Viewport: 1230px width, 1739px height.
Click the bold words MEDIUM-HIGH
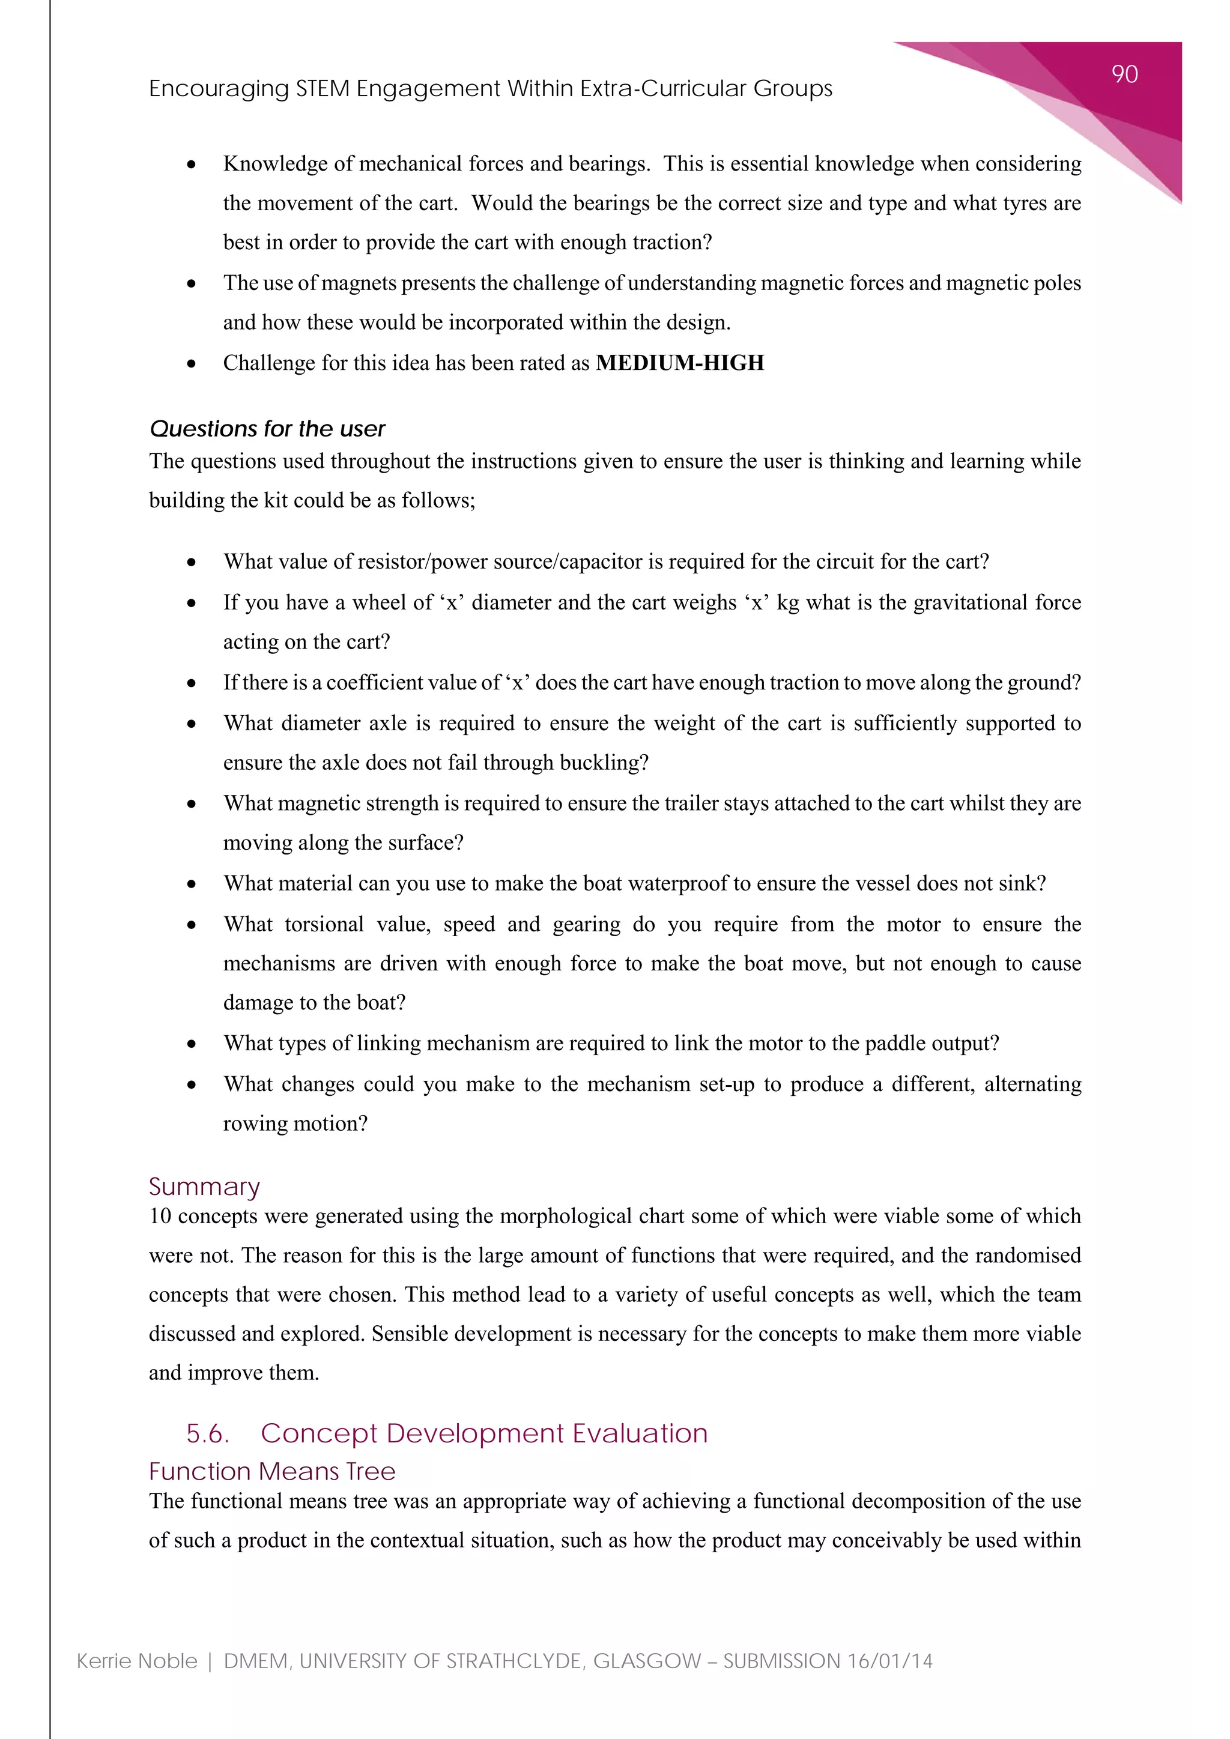[x=679, y=363]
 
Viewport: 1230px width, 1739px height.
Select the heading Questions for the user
[x=267, y=429]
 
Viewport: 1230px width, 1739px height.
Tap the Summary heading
[x=204, y=1186]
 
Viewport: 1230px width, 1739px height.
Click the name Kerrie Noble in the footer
[x=137, y=1661]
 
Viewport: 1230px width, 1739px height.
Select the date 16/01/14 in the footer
[x=890, y=1661]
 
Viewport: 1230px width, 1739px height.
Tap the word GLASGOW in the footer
[x=647, y=1661]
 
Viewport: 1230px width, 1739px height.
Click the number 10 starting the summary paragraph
[x=160, y=1217]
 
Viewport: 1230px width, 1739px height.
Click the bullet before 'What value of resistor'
[x=192, y=563]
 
